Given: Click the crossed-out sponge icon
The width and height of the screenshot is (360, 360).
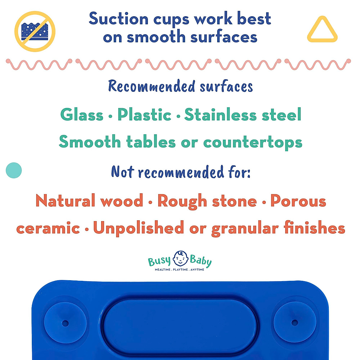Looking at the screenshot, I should pos(35,31).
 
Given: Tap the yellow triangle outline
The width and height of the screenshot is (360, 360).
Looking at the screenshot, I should pos(322,30).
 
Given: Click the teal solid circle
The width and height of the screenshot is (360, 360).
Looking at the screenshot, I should pos(14,170).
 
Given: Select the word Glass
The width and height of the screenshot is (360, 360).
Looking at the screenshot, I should pos(82,115).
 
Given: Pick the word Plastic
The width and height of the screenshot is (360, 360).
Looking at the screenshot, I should pos(144,115).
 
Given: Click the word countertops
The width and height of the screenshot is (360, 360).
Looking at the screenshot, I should pos(253,142).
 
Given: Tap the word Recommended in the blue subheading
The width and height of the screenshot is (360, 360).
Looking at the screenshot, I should pos(152,86).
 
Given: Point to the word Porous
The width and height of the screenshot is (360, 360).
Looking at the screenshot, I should pos(298,201).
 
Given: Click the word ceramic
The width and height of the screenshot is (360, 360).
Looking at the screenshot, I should pos(48,228).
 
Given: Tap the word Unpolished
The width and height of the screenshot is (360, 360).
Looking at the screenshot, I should pos(138,228).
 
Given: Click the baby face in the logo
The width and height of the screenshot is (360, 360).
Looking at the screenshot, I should pos(180,259).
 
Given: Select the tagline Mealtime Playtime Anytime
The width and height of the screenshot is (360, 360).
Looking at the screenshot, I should pos(179,270).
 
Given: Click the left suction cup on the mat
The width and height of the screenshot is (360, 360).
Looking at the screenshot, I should pos(65,323).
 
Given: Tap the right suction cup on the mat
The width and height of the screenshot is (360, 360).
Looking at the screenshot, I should pos(295,322).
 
